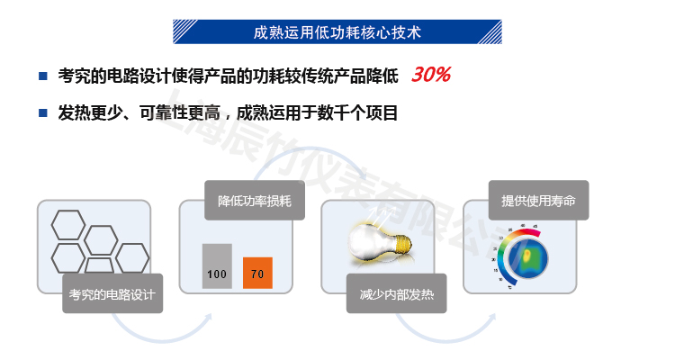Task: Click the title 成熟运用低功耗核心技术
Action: (x=337, y=31)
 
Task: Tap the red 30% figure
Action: (x=430, y=75)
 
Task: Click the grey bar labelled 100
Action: (x=216, y=265)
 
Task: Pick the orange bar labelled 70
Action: (x=257, y=272)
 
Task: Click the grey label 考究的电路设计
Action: (x=112, y=293)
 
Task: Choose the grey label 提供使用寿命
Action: (x=538, y=200)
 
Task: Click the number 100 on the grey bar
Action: (x=216, y=274)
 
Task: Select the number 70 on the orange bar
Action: (x=257, y=274)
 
